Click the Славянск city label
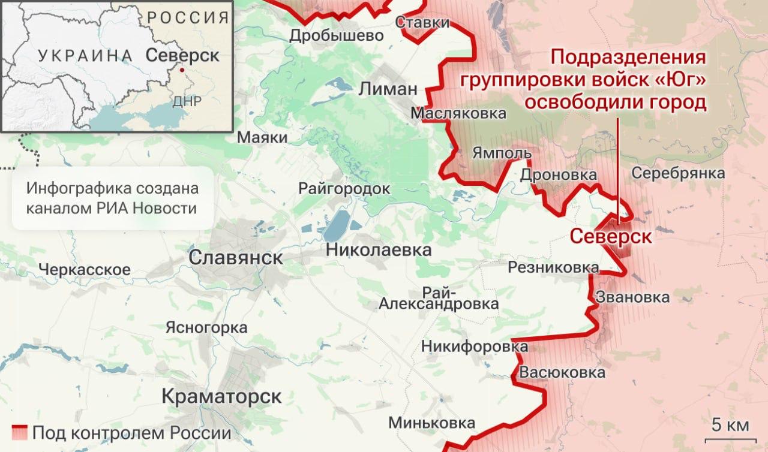[x=236, y=258]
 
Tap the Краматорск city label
[x=222, y=396]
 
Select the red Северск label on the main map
[x=611, y=236]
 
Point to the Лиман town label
[x=388, y=89]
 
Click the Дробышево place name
[x=336, y=36]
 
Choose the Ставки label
[x=423, y=23]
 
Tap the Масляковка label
[x=458, y=113]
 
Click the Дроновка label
[x=558, y=175]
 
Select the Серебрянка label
[x=678, y=173]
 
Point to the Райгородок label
[x=344, y=189]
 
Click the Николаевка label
[x=379, y=250]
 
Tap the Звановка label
[x=632, y=297]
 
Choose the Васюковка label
[x=562, y=372]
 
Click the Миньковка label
[x=432, y=423]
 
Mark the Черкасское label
[x=84, y=270]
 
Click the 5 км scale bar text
[x=730, y=426]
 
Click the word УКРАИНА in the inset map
[x=85, y=56]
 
